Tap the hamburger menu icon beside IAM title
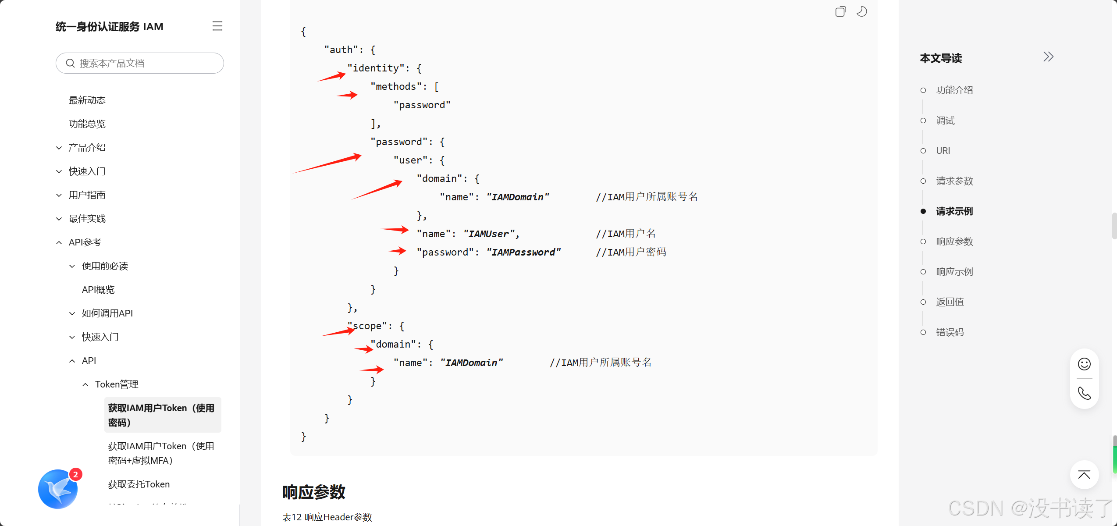click(x=217, y=26)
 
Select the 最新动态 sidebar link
click(x=87, y=100)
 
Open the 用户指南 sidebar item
click(x=87, y=195)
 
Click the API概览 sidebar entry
click(x=98, y=290)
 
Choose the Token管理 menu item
click(x=117, y=384)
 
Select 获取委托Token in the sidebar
click(x=139, y=484)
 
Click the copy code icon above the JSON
click(x=840, y=12)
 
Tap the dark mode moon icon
click(x=861, y=12)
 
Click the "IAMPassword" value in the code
click(x=523, y=252)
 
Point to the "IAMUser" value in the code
click(x=491, y=234)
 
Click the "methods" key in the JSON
click(x=398, y=87)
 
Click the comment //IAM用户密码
click(x=631, y=252)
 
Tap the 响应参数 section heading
click(x=314, y=492)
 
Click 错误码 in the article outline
click(x=950, y=332)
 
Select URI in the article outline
click(x=943, y=151)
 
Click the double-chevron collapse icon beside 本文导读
click(x=1048, y=57)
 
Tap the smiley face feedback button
click(x=1084, y=364)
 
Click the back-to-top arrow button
click(x=1084, y=475)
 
